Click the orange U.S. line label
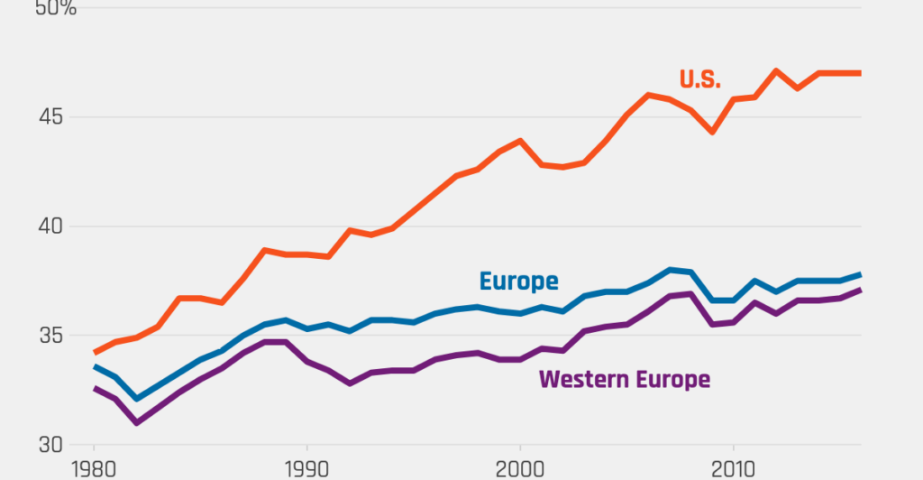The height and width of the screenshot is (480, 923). [699, 79]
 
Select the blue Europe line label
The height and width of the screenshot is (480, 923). [518, 281]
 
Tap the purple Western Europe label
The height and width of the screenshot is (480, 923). [624, 379]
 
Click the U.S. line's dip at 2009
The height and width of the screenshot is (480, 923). [712, 132]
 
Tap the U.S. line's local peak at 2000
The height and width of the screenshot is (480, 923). [520, 141]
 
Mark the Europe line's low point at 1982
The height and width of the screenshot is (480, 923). [136, 399]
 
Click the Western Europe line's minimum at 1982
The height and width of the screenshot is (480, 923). [136, 422]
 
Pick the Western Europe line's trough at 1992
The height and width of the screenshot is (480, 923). [350, 383]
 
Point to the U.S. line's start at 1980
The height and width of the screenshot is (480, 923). [94, 353]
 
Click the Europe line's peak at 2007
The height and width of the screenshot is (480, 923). [670, 270]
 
